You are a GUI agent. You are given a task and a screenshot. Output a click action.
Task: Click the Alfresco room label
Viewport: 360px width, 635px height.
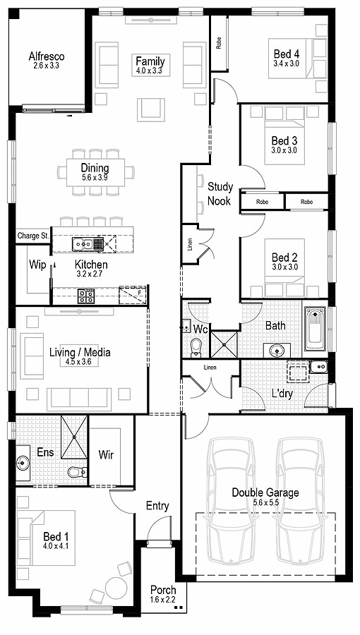47,56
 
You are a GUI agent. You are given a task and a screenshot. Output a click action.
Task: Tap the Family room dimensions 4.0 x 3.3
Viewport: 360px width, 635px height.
149,71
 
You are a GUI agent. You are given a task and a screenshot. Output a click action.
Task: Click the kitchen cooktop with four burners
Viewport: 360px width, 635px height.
85,296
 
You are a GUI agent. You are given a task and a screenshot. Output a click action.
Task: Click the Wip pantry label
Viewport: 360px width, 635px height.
37,265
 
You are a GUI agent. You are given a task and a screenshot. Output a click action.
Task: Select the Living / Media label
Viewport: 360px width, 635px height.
80,352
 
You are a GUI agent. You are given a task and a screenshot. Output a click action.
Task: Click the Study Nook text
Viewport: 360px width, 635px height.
220,193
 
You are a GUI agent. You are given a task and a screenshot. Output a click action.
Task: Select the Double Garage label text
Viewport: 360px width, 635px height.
265,492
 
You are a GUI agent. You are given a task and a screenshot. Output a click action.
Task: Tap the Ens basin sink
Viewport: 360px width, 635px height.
23,464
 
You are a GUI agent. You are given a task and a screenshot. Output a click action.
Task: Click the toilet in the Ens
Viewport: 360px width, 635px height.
76,471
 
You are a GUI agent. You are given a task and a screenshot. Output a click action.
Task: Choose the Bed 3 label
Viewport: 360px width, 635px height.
284,140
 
